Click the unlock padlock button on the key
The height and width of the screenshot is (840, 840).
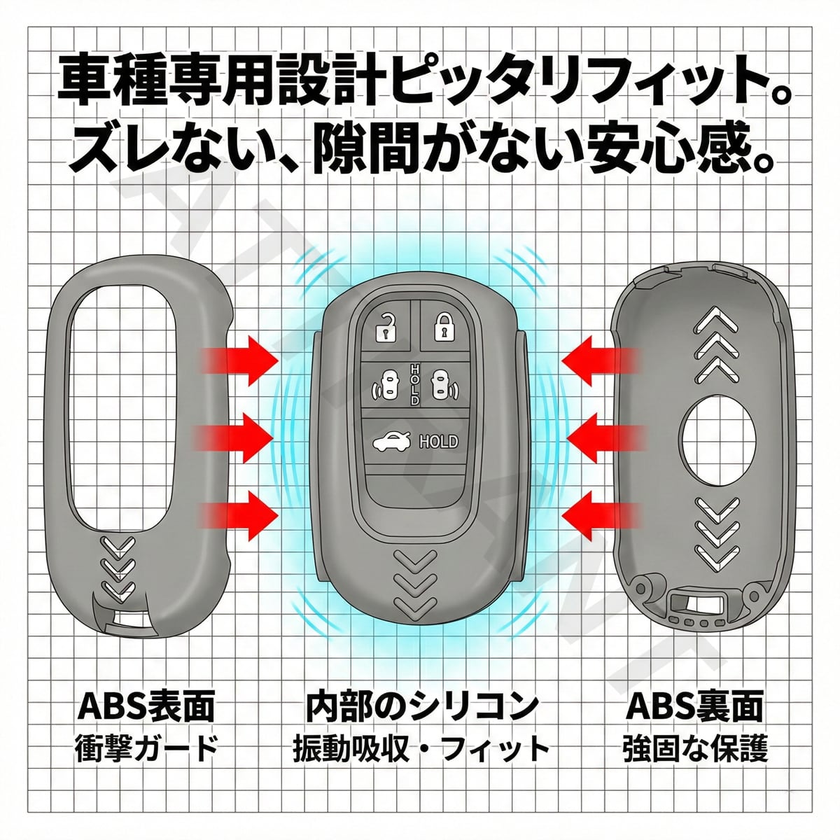[384, 328]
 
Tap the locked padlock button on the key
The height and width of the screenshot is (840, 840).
[442, 327]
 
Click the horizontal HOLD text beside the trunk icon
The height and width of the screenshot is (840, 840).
[438, 442]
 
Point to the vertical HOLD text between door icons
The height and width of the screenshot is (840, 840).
[414, 384]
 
